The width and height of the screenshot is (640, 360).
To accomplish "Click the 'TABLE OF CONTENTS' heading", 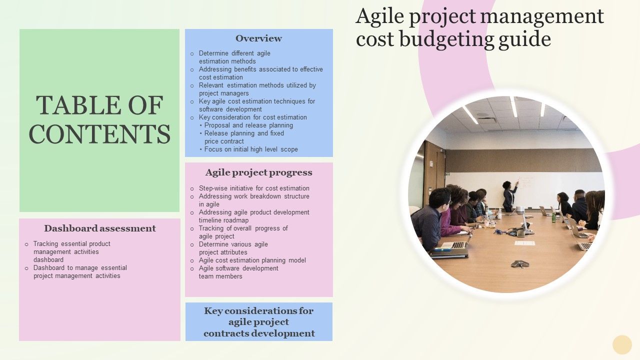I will pos(99,120).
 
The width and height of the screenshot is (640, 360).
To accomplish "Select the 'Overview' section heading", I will pos(258,38).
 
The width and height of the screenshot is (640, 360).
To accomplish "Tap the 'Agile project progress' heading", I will pos(258,172).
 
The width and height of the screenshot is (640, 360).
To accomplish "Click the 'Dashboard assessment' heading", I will pos(100,228).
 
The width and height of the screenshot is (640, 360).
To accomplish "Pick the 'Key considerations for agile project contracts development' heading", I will pos(259,322).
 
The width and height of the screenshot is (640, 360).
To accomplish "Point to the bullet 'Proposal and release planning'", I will pos(248,125).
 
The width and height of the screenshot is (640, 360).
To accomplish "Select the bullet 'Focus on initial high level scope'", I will pos(251,149).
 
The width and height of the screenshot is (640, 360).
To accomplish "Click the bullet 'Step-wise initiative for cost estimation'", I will pos(254,188).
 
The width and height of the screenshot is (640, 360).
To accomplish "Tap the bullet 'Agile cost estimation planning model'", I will pos(252,260).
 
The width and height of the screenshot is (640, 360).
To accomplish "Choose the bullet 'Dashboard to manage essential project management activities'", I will pos(79,272).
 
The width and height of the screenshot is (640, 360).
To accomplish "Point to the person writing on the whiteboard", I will pos(509,195).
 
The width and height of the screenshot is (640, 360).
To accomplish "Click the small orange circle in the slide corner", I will pos(622,344).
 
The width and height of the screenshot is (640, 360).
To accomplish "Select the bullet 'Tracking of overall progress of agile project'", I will pos(243,232).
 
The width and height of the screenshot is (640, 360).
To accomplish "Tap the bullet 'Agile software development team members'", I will pos(238,272).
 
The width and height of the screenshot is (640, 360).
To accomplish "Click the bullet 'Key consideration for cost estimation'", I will pos(252,117).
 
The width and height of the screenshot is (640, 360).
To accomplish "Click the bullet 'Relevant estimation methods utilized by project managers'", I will pos(257,89).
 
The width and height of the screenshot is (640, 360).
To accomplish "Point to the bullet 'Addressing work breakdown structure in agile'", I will pos(253,200).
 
